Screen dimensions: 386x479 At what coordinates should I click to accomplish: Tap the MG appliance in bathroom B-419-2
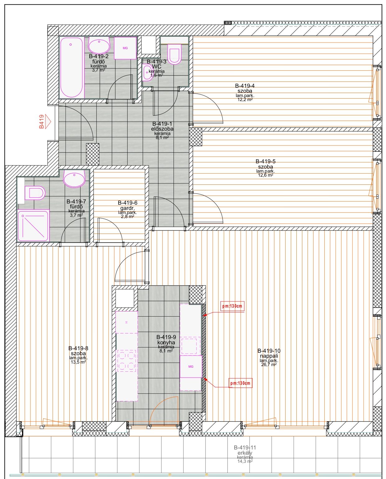click(125, 48)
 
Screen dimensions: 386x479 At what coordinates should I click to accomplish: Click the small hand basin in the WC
click(147, 72)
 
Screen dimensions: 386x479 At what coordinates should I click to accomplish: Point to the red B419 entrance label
click(41, 122)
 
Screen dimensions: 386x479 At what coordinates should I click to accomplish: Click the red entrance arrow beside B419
click(48, 122)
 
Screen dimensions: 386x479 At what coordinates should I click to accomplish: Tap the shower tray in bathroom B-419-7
click(33, 226)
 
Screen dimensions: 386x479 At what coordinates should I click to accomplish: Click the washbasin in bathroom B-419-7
click(74, 178)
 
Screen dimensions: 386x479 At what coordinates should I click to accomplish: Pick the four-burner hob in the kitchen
click(127, 360)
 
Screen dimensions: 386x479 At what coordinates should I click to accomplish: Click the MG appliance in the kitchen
click(191, 366)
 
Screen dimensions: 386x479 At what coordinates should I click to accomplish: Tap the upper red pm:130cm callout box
click(232, 306)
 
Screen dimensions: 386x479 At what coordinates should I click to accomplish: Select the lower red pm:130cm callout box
click(240, 383)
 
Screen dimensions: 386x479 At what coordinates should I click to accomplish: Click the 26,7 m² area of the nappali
click(269, 364)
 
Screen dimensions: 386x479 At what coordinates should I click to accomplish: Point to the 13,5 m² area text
click(78, 362)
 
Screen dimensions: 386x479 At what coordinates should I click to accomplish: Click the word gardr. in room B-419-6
click(128, 208)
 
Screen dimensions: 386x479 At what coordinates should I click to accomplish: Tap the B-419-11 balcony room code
click(245, 447)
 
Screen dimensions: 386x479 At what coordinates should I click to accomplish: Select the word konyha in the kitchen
click(166, 342)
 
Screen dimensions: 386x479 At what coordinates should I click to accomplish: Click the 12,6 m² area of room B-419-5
click(265, 175)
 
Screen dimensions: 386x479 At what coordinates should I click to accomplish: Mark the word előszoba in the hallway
click(162, 129)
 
